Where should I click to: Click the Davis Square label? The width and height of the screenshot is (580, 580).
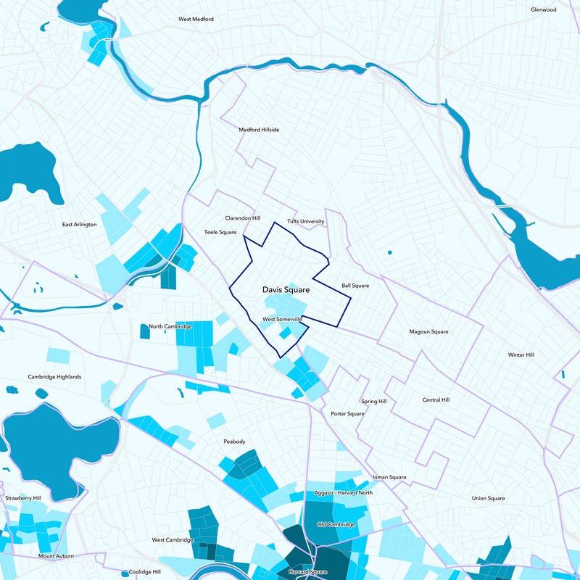click(x=286, y=290)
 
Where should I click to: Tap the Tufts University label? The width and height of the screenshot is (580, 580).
click(x=305, y=221)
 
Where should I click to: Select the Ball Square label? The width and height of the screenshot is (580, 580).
click(x=355, y=286)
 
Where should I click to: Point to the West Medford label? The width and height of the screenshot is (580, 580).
click(x=196, y=19)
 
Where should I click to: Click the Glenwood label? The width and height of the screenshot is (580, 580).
click(x=543, y=9)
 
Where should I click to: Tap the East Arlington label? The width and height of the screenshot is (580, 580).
click(x=79, y=225)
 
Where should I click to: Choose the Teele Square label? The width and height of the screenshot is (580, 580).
click(x=220, y=232)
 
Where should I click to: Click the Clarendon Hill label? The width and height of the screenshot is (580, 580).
click(x=242, y=217)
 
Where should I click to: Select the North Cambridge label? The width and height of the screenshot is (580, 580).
click(x=170, y=326)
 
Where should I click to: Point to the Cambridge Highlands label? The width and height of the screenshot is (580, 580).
click(x=54, y=377)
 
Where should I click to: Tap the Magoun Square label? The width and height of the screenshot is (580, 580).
click(x=428, y=331)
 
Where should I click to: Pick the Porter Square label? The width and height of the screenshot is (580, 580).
click(x=347, y=414)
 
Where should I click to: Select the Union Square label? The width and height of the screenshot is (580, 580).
click(x=488, y=498)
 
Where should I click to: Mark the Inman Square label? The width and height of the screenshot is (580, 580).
click(x=389, y=477)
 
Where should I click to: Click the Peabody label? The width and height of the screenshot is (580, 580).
click(x=234, y=442)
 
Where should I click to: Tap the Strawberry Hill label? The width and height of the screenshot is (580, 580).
click(x=23, y=498)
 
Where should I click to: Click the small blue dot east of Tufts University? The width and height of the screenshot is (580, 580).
click(x=389, y=252)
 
